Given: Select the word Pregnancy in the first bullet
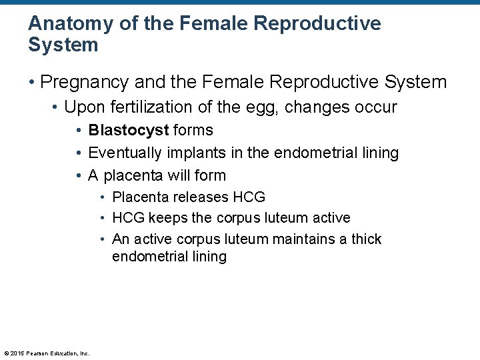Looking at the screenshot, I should point(85,82).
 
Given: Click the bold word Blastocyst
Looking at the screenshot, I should point(128,130).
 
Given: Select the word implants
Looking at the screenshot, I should point(194,153).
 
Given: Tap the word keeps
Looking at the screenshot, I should point(169,218).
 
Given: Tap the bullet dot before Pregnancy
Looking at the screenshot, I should point(32,83).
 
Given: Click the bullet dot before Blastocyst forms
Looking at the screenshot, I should point(79,131).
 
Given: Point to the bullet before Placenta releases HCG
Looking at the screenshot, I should point(103,198).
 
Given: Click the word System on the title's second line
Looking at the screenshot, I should point(63,45).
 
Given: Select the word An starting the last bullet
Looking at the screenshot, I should point(121,239).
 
